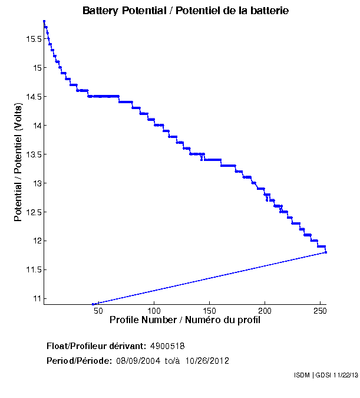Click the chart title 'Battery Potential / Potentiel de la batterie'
click(186, 11)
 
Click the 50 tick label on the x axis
click(98, 311)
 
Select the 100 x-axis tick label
click(154, 311)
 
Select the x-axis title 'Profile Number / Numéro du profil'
click(185, 321)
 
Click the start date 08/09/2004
click(137, 361)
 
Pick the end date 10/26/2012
click(207, 361)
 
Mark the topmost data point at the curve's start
click(44, 21)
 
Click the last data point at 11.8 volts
click(326, 252)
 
